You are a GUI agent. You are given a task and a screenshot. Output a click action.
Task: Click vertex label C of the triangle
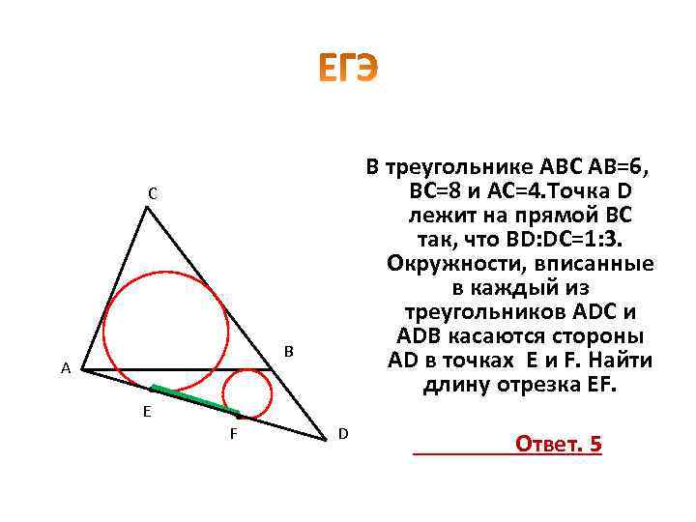153,194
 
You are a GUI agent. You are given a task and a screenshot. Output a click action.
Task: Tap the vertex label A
65,368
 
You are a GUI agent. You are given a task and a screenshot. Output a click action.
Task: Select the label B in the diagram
288,350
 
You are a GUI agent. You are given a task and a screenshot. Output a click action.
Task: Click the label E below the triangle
146,411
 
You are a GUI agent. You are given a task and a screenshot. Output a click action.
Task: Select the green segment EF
193,399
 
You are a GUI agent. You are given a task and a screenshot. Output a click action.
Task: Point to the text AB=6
613,165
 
